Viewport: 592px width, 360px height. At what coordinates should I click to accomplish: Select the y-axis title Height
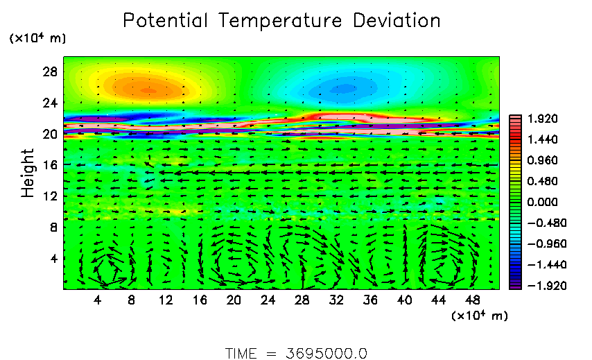28,173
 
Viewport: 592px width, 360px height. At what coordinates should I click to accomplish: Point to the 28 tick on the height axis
50,72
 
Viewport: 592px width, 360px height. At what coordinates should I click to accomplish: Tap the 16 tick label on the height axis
50,165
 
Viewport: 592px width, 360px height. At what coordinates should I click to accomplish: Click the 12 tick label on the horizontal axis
166,300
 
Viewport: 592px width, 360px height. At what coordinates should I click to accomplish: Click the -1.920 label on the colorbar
541,285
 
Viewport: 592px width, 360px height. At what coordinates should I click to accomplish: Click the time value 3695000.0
327,352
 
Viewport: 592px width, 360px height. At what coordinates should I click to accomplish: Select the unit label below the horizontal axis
480,316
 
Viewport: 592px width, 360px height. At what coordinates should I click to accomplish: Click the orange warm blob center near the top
148,89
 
